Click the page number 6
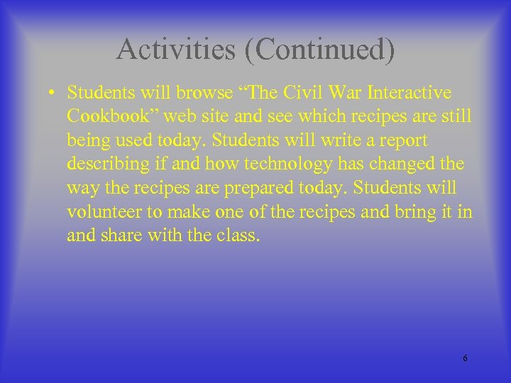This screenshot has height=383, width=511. (x=465, y=358)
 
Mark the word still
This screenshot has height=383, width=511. (x=456, y=116)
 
